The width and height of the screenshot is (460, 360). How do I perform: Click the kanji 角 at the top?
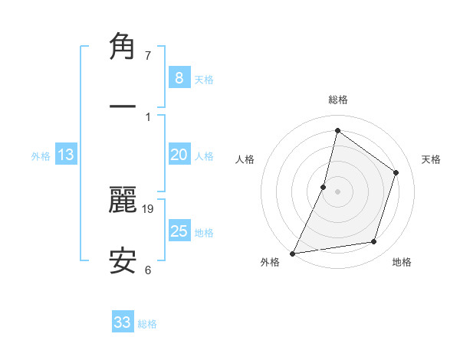123,47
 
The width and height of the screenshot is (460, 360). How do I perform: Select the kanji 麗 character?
123,201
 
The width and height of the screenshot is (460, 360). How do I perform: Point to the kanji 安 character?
123,260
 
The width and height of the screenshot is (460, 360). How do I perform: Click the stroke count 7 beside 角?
147,56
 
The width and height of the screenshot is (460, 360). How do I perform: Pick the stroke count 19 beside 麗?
149,208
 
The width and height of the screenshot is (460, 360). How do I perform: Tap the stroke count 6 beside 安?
147,269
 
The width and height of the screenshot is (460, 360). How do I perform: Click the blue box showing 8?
179,77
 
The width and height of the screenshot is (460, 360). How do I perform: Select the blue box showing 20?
179,155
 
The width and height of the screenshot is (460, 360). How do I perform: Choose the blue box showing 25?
179,231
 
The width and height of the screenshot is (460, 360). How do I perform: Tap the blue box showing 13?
66,155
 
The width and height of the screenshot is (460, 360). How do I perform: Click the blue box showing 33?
123,322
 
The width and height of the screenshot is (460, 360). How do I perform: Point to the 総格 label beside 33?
147,324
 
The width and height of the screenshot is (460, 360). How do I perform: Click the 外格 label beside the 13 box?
41,156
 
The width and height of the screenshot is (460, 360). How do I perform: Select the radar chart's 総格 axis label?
337,100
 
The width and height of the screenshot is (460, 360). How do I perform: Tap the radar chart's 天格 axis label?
431,159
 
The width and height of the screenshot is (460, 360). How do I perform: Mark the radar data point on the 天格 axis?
396,172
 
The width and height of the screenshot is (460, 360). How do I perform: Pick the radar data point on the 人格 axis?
324,187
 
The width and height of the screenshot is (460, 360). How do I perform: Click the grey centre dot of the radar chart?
337,191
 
